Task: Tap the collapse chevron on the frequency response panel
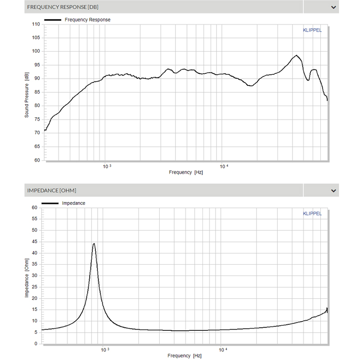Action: point(333,7)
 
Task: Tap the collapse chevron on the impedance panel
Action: point(333,191)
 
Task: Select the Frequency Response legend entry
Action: point(87,20)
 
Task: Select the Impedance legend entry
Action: point(73,203)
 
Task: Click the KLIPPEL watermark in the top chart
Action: point(312,31)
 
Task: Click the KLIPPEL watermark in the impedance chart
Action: point(312,214)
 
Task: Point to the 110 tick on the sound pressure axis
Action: point(36,24)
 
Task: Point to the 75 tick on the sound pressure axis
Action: point(37,119)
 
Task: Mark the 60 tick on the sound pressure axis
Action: point(37,160)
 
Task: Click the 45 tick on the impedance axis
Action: point(34,242)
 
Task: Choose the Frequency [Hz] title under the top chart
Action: point(186,172)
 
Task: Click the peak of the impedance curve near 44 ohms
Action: point(94,243)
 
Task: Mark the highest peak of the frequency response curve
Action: point(296,55)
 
